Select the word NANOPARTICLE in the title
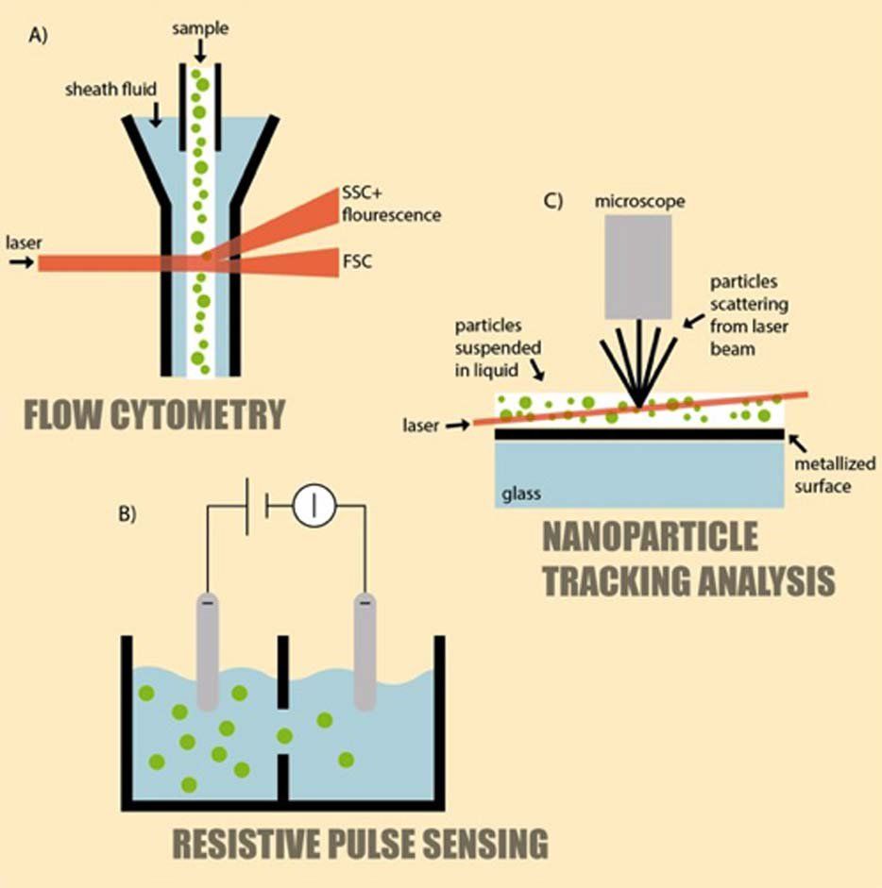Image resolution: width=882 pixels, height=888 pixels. (x=650, y=536)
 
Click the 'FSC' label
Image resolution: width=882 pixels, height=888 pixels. (x=358, y=261)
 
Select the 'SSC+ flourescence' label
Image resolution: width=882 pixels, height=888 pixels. (x=389, y=204)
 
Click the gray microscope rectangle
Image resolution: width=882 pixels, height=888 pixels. (x=637, y=266)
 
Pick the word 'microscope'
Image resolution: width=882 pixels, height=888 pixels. (x=638, y=202)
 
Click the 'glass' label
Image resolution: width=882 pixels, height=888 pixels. (x=522, y=492)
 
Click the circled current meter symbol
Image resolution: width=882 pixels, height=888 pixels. (x=315, y=507)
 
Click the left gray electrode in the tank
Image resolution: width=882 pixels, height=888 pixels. (x=207, y=651)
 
